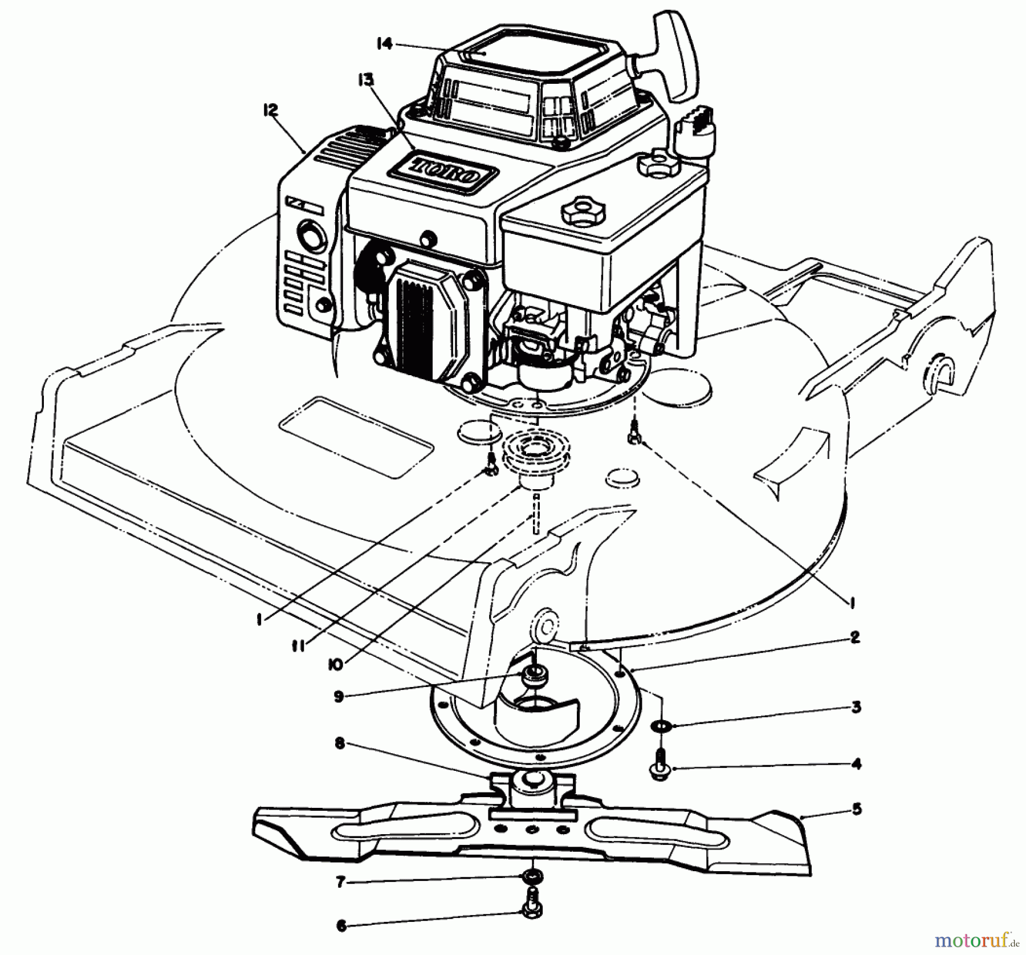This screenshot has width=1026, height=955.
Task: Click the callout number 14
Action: [385, 43]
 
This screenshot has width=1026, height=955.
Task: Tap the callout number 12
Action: [270, 110]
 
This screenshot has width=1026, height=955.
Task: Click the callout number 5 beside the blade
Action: [857, 809]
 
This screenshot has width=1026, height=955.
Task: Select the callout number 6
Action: [341, 926]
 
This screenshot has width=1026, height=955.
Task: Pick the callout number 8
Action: [340, 744]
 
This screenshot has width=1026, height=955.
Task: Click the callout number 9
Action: [339, 697]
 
